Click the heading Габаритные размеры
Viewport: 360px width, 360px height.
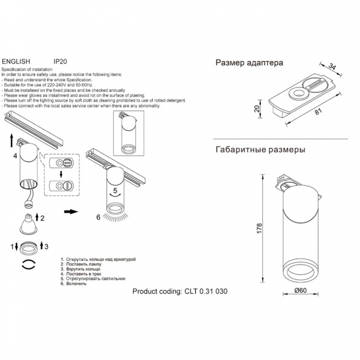[x=260, y=149]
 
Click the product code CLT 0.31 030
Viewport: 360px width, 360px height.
[x=205, y=292]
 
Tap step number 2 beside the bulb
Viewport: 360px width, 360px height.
[x=42, y=218]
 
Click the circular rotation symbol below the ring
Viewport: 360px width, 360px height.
[x=28, y=264]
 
